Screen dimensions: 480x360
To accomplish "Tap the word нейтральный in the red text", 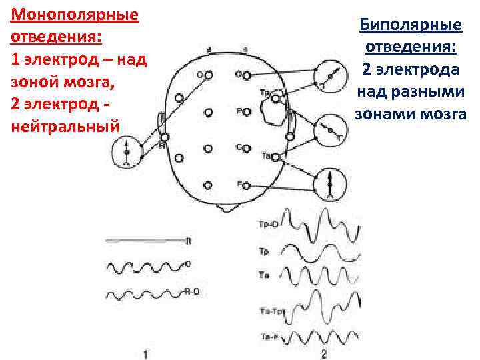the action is pos(65,125).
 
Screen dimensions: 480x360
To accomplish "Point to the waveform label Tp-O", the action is pos(268,225).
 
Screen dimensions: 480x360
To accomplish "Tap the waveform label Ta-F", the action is pos(269,337).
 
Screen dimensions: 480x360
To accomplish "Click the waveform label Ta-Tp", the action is pos(271,311).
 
